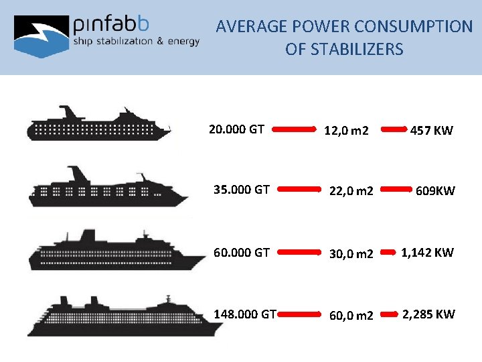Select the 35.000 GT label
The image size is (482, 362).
click(241, 190)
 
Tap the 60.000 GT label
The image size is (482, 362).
click(241, 253)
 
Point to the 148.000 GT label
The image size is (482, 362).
click(244, 314)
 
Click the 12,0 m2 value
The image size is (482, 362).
click(346, 131)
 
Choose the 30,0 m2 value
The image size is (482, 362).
click(350, 254)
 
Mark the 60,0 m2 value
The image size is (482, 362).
click(350, 315)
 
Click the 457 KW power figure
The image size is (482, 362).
click(432, 131)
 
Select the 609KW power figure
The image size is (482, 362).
click(435, 191)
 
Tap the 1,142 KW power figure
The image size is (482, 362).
click(427, 253)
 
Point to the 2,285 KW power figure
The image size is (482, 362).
click(428, 314)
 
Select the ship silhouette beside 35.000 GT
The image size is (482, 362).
click(107, 187)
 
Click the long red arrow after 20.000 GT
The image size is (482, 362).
click(295, 129)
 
